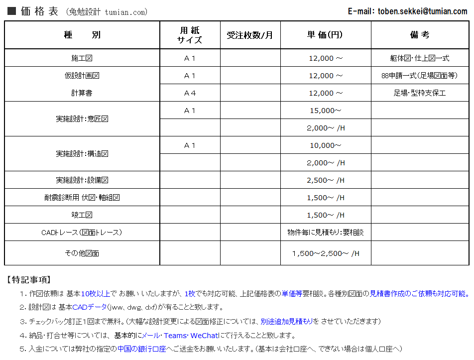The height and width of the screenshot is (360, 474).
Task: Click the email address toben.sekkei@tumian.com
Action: (423, 11)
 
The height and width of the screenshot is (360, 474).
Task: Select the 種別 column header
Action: (82, 35)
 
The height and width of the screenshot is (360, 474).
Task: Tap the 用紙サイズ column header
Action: (190, 35)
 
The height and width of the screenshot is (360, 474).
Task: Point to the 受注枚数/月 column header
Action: (250, 35)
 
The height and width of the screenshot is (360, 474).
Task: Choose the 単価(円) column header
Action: (325, 35)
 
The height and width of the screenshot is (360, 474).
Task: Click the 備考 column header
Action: (420, 35)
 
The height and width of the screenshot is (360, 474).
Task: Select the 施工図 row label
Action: (82, 58)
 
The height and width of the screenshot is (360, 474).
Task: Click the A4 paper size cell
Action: (190, 93)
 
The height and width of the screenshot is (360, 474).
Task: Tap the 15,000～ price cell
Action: (325, 111)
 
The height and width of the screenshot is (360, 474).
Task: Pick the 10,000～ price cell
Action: (325, 145)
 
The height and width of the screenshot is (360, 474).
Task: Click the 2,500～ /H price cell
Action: (325, 180)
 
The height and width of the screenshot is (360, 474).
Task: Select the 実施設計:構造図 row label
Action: (82, 154)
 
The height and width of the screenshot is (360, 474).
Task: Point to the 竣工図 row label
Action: (82, 215)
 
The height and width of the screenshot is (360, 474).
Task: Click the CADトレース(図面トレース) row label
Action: (82, 233)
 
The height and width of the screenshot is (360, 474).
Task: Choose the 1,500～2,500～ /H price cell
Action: (325, 253)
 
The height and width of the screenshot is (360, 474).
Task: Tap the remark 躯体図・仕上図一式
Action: (420, 58)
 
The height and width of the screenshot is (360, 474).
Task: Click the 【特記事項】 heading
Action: (28, 280)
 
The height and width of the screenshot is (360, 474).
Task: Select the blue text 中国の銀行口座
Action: (141, 349)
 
